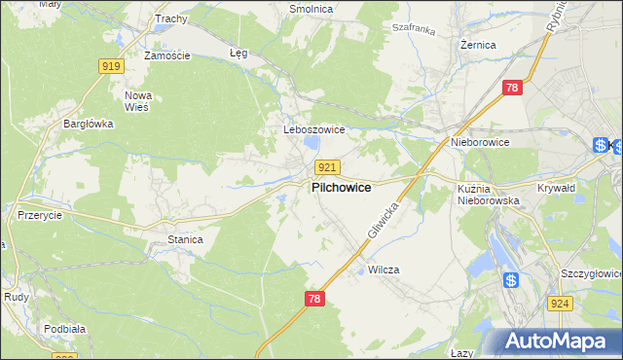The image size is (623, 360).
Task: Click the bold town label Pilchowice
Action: click(340, 188)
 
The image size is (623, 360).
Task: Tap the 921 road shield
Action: click(327, 168)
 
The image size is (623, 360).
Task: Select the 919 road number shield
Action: click(111, 66)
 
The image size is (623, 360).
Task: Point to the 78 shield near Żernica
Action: click(514, 89)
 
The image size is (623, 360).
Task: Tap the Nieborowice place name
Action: click(480, 142)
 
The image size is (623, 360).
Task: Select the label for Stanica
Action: click(185, 238)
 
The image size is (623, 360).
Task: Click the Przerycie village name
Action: click(41, 216)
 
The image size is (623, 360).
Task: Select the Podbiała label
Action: click(64, 329)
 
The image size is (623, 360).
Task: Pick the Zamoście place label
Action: click(166, 55)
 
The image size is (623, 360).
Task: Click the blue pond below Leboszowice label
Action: click(311, 145)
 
